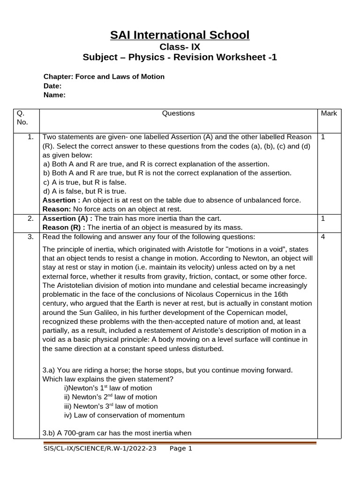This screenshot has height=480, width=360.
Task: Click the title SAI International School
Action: [180, 35]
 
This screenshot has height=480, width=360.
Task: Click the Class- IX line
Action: [180, 46]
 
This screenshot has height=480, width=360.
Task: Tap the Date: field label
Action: [52, 86]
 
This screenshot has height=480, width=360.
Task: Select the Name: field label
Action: [54, 95]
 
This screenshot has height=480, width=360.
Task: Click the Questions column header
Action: [178, 113]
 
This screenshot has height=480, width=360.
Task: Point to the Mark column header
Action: [329, 113]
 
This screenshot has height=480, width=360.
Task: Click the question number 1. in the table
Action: [30, 137]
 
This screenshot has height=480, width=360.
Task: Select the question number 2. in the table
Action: [30, 218]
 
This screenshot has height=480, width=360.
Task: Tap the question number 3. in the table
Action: [30, 236]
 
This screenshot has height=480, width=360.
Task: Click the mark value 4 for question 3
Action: [323, 236]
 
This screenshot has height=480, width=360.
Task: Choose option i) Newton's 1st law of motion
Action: [108, 388]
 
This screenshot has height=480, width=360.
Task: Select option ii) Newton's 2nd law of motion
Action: [110, 397]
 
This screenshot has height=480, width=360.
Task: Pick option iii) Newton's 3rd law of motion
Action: [111, 406]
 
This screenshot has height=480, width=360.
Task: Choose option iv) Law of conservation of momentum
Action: [124, 415]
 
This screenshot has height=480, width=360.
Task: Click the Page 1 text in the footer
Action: [181, 449]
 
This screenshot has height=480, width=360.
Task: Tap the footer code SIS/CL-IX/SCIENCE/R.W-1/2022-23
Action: [99, 449]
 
